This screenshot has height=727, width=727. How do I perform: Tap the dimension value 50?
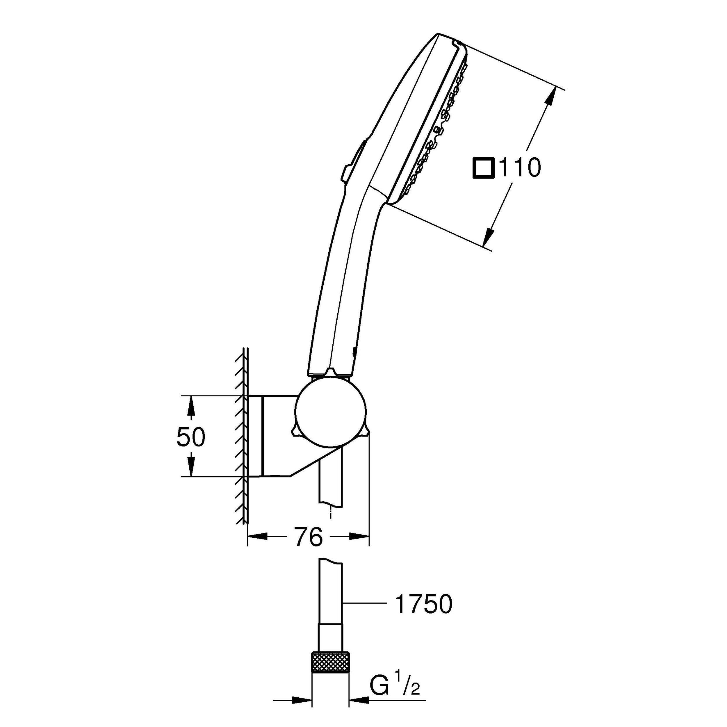point(191,437)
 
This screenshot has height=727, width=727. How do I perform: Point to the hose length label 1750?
point(423,605)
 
